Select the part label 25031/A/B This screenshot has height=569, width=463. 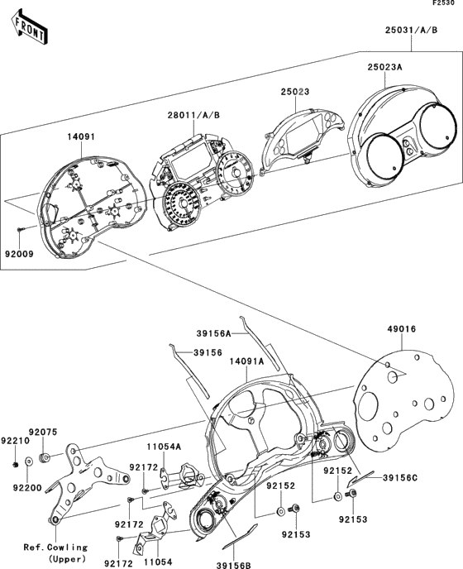pyautogui.click(x=411, y=30)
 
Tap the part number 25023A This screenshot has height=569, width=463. pyautogui.click(x=384, y=67)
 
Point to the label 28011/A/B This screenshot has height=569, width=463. pyautogui.click(x=193, y=116)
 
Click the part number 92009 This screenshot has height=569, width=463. pyautogui.click(x=19, y=254)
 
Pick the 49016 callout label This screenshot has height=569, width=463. pyautogui.click(x=402, y=329)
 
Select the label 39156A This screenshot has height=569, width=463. pyautogui.click(x=213, y=333)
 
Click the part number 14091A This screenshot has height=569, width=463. pyautogui.click(x=246, y=361)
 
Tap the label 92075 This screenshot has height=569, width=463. pyautogui.click(x=43, y=433)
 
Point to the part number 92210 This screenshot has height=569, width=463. pyautogui.click(x=15, y=441)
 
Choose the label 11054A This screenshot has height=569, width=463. pyautogui.click(x=164, y=447)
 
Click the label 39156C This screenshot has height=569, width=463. pyautogui.click(x=400, y=478)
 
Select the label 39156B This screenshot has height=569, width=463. pyautogui.click(x=234, y=565)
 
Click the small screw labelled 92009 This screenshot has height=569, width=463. pyautogui.click(x=21, y=228)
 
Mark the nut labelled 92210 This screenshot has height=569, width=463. pyautogui.click(x=15, y=465)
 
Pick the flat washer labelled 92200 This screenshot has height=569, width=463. pyautogui.click(x=28, y=461)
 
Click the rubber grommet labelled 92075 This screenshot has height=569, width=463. pyautogui.click(x=44, y=458)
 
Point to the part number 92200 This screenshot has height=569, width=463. pyautogui.click(x=27, y=488)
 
